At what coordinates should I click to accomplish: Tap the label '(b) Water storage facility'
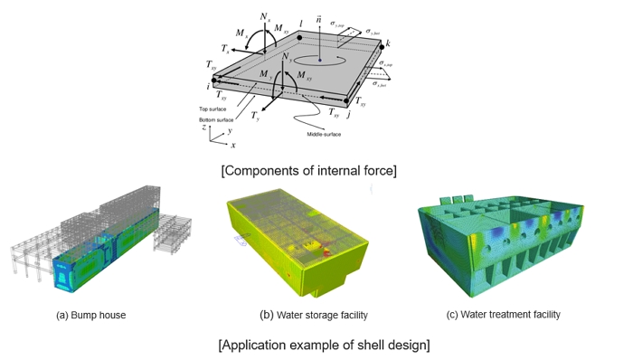tap(314, 315)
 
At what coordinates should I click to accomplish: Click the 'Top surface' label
tap(213, 109)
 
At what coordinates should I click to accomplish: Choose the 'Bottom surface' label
tap(216, 118)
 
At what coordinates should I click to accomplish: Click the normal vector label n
tap(318, 18)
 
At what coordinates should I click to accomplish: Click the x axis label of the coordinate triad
tap(233, 145)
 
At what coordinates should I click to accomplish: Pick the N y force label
tap(288, 58)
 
